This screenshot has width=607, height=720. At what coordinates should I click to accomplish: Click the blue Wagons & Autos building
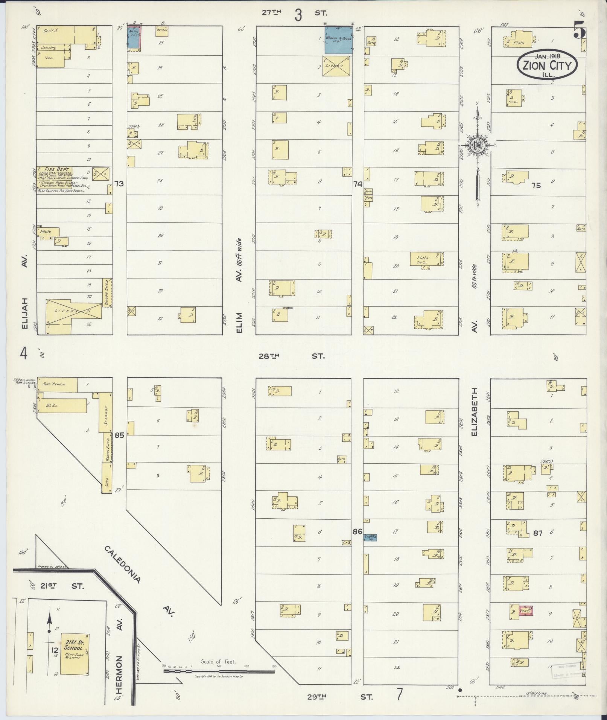pos(338,40)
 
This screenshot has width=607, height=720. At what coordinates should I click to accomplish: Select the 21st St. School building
pos(75,654)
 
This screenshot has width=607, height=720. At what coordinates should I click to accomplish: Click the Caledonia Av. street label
pos(122,565)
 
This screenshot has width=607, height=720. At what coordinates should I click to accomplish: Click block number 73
pos(119,184)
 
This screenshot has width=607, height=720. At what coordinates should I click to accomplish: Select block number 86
pos(357,532)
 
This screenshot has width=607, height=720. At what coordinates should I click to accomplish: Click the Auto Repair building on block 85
pos(57,385)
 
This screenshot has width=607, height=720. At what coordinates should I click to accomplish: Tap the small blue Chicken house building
pos(370,537)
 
